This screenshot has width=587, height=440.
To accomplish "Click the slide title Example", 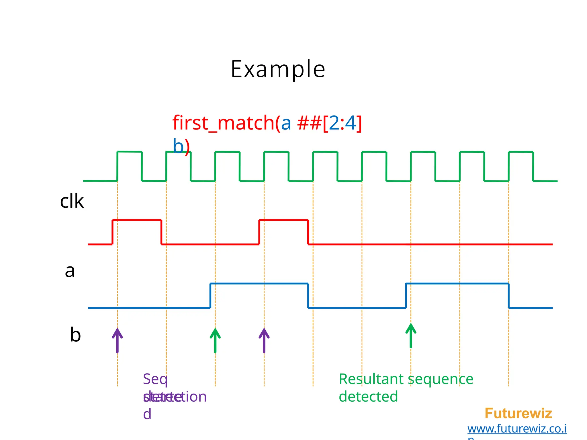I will (x=278, y=69).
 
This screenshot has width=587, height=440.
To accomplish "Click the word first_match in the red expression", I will (x=224, y=123).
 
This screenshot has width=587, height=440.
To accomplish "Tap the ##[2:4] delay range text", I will (x=330, y=123).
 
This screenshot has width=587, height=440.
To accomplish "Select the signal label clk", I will (x=72, y=201).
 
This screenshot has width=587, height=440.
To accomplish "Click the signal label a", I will (x=70, y=271).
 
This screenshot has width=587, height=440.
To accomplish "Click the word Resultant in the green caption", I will (x=371, y=379).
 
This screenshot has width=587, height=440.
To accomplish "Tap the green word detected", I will (x=368, y=397).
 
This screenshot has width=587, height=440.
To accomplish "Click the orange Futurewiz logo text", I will (x=518, y=413).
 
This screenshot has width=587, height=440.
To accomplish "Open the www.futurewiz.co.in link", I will (x=517, y=429).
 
